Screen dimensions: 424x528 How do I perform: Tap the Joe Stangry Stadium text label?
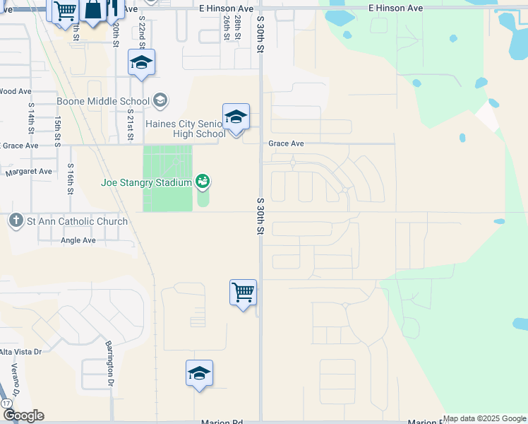146,182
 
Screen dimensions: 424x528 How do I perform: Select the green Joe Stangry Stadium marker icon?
203,182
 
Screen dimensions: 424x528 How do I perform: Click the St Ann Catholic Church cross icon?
16,220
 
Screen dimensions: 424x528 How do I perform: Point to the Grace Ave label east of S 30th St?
286,143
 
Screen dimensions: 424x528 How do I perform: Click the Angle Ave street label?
78,240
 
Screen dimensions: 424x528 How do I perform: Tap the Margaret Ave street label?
28,172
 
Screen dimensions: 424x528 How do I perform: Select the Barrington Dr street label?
110,363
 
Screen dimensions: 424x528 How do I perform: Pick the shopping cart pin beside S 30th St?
243,292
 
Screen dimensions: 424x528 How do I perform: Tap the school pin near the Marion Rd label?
199,373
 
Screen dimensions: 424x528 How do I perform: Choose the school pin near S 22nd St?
141,63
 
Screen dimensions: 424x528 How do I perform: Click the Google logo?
23,416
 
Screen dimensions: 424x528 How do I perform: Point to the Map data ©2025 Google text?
485,418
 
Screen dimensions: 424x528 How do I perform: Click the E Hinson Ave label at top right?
395,8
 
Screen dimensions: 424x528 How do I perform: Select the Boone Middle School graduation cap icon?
160,101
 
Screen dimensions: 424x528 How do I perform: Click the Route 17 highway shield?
6,403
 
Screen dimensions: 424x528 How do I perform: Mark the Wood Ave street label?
16,91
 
